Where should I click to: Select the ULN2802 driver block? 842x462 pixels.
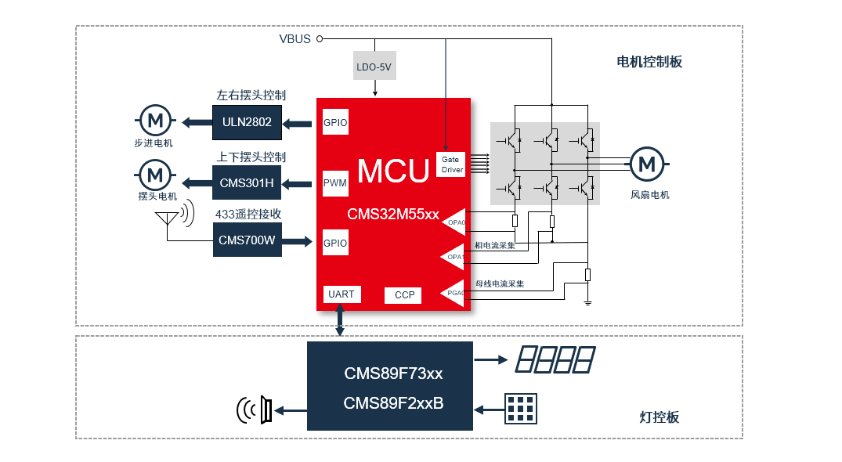[247, 122]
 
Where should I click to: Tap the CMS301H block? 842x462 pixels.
[247, 183]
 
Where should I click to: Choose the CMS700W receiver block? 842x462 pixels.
[247, 240]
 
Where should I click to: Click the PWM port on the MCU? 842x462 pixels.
[335, 183]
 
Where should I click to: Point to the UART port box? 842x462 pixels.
[341, 294]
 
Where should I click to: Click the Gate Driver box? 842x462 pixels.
[450, 164]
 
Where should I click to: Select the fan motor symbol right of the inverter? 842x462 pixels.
[647, 164]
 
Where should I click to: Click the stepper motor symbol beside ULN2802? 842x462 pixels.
[155, 121]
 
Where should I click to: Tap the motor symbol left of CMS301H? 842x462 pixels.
[155, 172]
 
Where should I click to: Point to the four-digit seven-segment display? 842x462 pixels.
[555, 360]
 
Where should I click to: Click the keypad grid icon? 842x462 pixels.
[521, 409]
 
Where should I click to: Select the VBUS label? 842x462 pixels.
[295, 39]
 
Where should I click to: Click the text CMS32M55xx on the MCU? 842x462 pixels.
[393, 215]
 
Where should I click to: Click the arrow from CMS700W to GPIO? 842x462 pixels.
[297, 242]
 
